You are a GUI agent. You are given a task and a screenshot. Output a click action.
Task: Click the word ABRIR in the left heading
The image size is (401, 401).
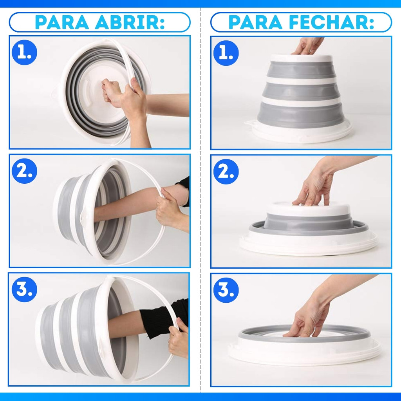130,22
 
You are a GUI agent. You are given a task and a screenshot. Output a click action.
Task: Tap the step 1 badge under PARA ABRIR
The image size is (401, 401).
24,52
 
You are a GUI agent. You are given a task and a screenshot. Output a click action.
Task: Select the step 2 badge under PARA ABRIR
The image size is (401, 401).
24,171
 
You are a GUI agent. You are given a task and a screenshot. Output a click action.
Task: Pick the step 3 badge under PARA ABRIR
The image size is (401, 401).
24,289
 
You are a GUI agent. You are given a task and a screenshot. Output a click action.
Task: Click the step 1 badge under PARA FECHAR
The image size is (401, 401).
226,53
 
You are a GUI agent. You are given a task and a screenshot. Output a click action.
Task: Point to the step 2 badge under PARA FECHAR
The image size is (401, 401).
226,172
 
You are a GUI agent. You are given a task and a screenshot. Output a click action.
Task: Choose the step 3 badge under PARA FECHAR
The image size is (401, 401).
226,290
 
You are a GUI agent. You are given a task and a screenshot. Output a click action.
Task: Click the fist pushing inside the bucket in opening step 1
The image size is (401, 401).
112,92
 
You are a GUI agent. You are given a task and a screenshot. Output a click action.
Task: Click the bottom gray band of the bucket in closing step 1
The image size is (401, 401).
301,115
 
